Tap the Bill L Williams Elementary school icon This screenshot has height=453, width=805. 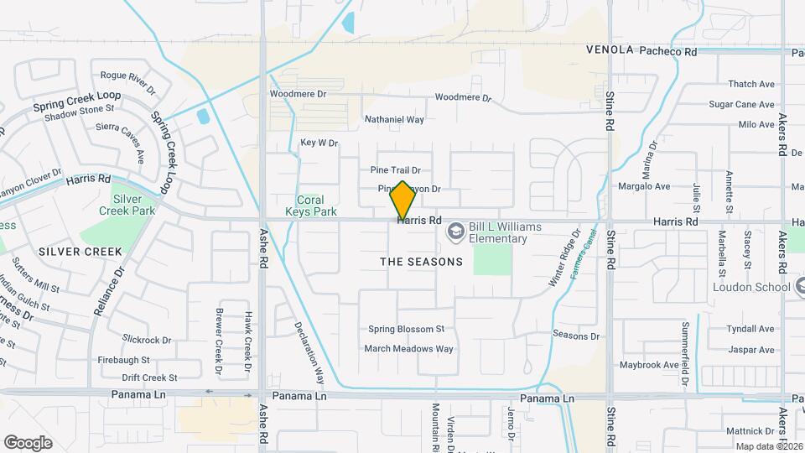pos(455,230)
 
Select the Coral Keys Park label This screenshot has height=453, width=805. pos(317,206)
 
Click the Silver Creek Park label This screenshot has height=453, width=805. pos(134,205)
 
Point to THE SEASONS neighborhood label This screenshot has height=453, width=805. pos(421,262)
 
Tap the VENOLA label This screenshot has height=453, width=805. pos(610,50)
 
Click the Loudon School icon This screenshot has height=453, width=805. pos(798,287)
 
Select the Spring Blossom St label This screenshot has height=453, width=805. pos(406,329)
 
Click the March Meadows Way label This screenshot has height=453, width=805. pos(408,348)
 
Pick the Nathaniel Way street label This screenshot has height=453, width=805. pos(394,120)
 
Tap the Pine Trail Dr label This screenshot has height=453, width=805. pos(401,169)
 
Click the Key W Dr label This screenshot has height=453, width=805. pos(319,143)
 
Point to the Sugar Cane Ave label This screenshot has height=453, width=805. pos(741,105)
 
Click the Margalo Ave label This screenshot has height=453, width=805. pos(644,186)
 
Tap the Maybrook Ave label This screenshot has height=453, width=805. pos(648,365)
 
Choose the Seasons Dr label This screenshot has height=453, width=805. pos(577,336)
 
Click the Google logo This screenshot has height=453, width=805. pos(28,443)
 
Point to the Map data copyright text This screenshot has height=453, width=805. pos(770,446)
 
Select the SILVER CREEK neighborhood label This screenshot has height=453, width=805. pos(80,252)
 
